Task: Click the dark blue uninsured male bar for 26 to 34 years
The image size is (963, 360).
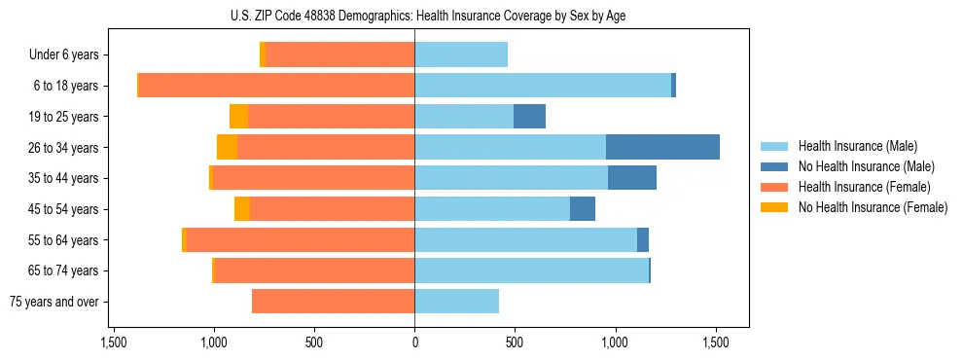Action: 662,147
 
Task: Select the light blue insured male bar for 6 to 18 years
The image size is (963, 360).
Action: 543,86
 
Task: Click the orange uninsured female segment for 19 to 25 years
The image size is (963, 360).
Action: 238,117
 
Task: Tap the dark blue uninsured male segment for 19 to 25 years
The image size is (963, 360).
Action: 529,117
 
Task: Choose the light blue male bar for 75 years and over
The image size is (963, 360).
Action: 456,302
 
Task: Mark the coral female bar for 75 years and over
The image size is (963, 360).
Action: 334,302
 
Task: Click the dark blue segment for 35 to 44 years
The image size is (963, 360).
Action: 632,178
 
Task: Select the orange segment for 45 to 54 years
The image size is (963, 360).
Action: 242,209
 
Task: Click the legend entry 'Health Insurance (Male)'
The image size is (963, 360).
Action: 857,146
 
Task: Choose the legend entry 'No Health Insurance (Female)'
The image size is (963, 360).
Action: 873,207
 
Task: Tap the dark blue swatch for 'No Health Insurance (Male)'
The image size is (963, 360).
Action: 774,166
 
